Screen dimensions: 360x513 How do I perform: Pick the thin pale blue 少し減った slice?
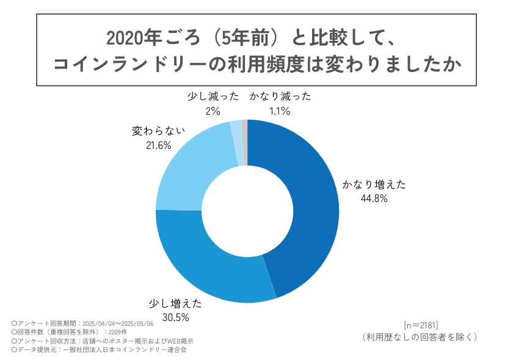[x=236, y=143]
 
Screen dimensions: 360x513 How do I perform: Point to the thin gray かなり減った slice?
[x=244, y=142]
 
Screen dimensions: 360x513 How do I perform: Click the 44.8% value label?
[x=374, y=198]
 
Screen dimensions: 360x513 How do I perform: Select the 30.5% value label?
[x=175, y=317]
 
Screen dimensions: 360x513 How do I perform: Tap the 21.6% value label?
[x=158, y=145]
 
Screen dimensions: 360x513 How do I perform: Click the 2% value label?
[x=212, y=111]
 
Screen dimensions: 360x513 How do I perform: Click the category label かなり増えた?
[x=374, y=184]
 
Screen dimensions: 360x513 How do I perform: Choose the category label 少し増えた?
[x=175, y=303]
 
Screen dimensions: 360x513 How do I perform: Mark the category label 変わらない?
[x=158, y=131]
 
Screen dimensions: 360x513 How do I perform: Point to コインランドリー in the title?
[x=122, y=64]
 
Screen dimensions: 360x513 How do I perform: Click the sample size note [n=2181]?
[x=420, y=324]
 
